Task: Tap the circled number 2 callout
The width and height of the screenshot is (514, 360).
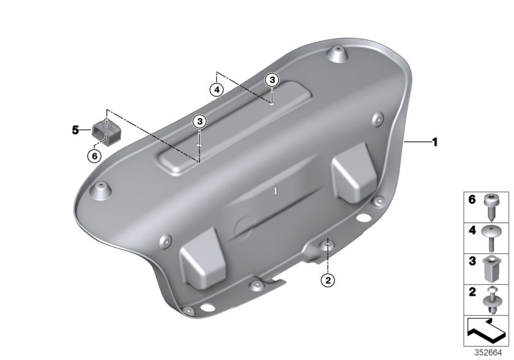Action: tap(328, 280)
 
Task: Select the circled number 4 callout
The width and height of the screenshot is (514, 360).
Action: tap(217, 90)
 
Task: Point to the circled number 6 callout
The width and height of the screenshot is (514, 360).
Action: tap(94, 155)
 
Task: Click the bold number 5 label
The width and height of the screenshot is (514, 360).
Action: tap(75, 130)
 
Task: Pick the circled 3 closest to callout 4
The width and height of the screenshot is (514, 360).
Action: tap(272, 79)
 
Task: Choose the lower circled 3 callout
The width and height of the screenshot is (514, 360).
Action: tap(200, 121)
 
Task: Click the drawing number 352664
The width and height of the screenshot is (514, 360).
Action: tap(489, 353)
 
